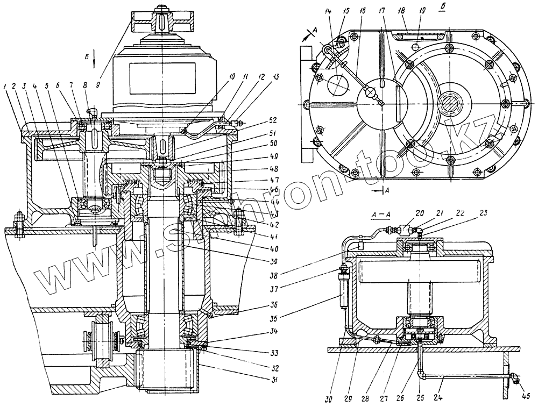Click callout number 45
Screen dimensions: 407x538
(526, 397)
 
